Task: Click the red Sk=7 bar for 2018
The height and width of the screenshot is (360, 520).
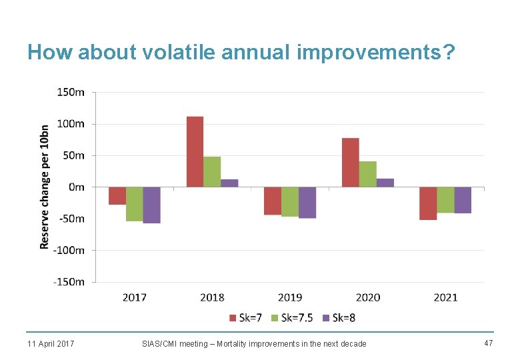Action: pos(195,152)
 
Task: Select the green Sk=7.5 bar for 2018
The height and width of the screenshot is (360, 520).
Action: pos(212,172)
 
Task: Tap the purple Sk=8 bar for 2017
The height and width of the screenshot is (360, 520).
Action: pos(152,205)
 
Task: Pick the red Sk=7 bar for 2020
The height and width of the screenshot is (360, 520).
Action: pos(351,163)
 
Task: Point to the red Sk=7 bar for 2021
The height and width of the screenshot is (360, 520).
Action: pos(428,203)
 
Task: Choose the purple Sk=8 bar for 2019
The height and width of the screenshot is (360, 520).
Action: pos(307,203)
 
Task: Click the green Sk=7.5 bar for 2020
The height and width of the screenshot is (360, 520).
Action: pos(368,174)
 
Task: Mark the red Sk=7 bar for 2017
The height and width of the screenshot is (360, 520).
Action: pos(117,196)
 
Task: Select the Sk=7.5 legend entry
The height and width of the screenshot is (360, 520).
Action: pos(291,317)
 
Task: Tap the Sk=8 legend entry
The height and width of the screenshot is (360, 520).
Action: pos(339,317)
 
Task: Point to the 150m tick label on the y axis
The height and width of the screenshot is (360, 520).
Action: pos(71,93)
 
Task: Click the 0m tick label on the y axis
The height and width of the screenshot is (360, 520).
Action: pos(77,187)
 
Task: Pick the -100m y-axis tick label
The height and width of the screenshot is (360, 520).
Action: pos(69,251)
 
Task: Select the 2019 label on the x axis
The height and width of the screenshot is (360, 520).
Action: pos(290,297)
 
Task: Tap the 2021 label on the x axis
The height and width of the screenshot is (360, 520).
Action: pos(445,297)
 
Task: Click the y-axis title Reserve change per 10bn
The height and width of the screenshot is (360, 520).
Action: pos(45,187)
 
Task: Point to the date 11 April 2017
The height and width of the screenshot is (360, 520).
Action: pos(51,343)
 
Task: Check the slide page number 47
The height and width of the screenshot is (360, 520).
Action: pos(487,343)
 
